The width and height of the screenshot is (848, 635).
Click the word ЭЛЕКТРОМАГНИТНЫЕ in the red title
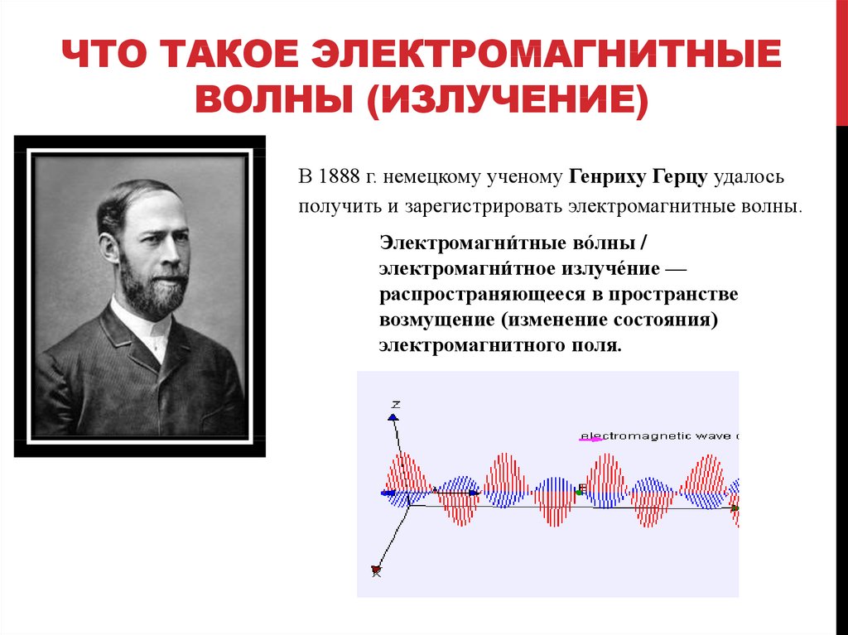546,54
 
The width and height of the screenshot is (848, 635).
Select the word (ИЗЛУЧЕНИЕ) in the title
508,99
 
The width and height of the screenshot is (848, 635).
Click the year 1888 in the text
339,177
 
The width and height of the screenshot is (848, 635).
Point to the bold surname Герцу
680,178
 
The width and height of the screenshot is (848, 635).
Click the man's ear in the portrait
109,248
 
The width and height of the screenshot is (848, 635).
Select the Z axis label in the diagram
396,405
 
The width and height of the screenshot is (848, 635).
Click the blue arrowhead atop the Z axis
393,417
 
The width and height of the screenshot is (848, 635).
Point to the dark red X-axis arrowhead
377,570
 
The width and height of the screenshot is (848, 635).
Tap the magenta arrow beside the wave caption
590,439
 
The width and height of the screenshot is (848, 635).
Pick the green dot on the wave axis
579,493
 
